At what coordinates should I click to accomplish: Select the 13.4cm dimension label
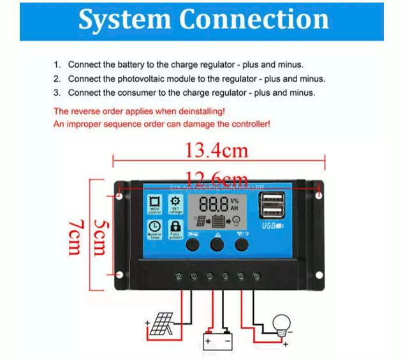[x=216, y=151]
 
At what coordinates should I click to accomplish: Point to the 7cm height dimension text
[x=76, y=237]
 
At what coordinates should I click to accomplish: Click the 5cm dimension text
[x=98, y=238]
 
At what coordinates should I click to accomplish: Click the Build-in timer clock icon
[x=154, y=228]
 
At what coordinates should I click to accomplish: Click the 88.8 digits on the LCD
[x=213, y=205]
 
